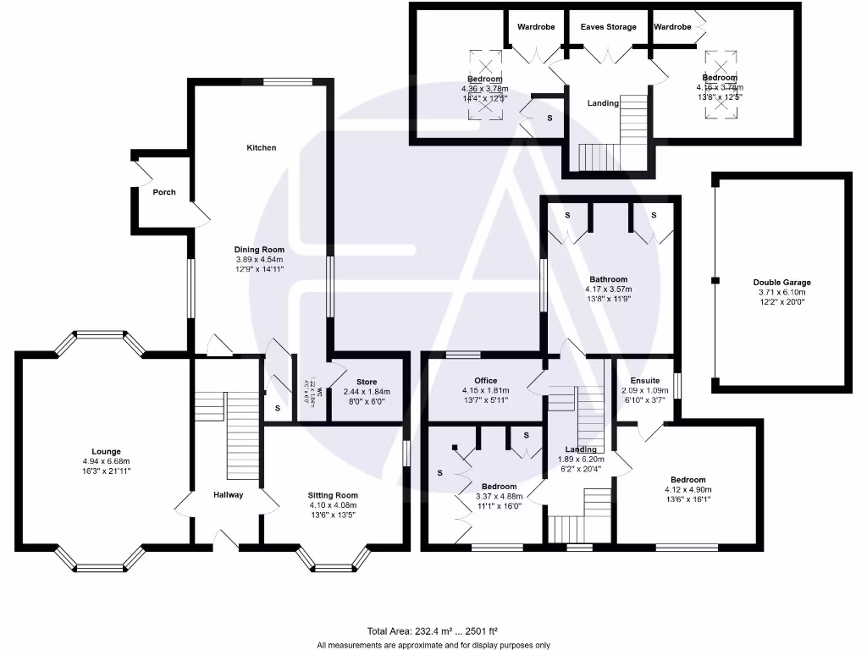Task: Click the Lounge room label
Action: tap(107, 451)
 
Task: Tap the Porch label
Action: tap(164, 192)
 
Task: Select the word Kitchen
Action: tap(262, 148)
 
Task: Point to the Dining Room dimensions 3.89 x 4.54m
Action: tap(260, 259)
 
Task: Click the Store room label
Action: tap(366, 382)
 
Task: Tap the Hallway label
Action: tap(228, 495)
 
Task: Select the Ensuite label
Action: tap(645, 381)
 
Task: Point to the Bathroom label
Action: tap(609, 279)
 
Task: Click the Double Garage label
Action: tap(781, 283)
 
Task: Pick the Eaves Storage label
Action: tap(608, 27)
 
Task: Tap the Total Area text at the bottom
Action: tap(433, 631)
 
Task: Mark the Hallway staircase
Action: tap(240, 436)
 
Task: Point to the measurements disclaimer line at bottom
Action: tap(433, 645)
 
